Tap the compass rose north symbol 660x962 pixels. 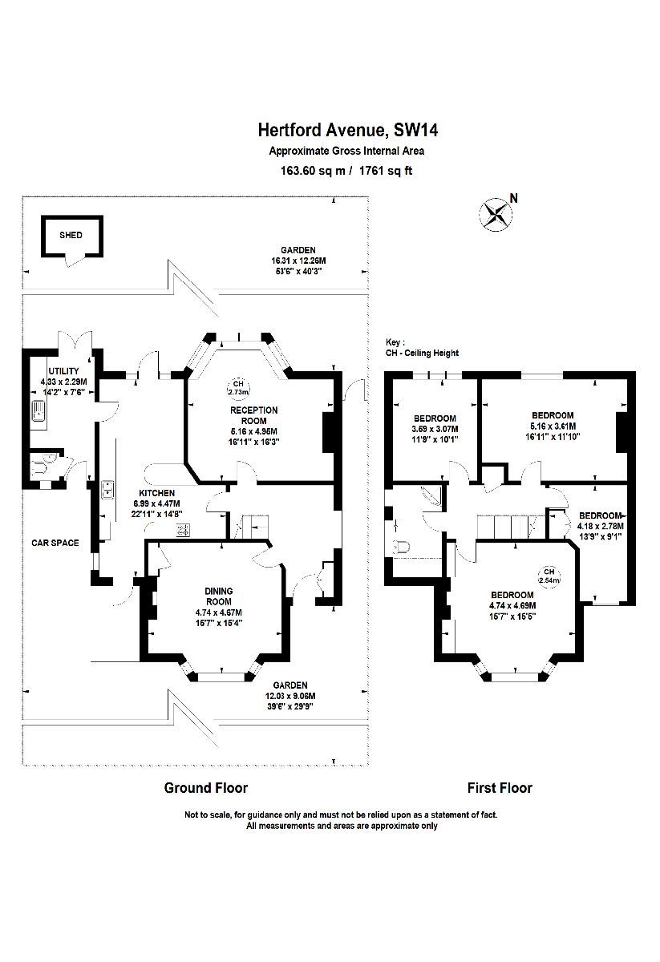coord(496,213)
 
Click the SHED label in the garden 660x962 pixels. coord(71,236)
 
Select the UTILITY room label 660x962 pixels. coord(63,371)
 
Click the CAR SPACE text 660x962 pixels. coord(55,543)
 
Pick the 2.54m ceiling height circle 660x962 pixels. coord(549,575)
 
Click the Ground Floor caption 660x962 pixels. coord(206,787)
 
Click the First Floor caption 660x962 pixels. coord(500,787)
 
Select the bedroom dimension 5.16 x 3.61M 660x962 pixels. coord(553,426)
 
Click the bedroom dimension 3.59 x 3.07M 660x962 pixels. coord(435,429)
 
